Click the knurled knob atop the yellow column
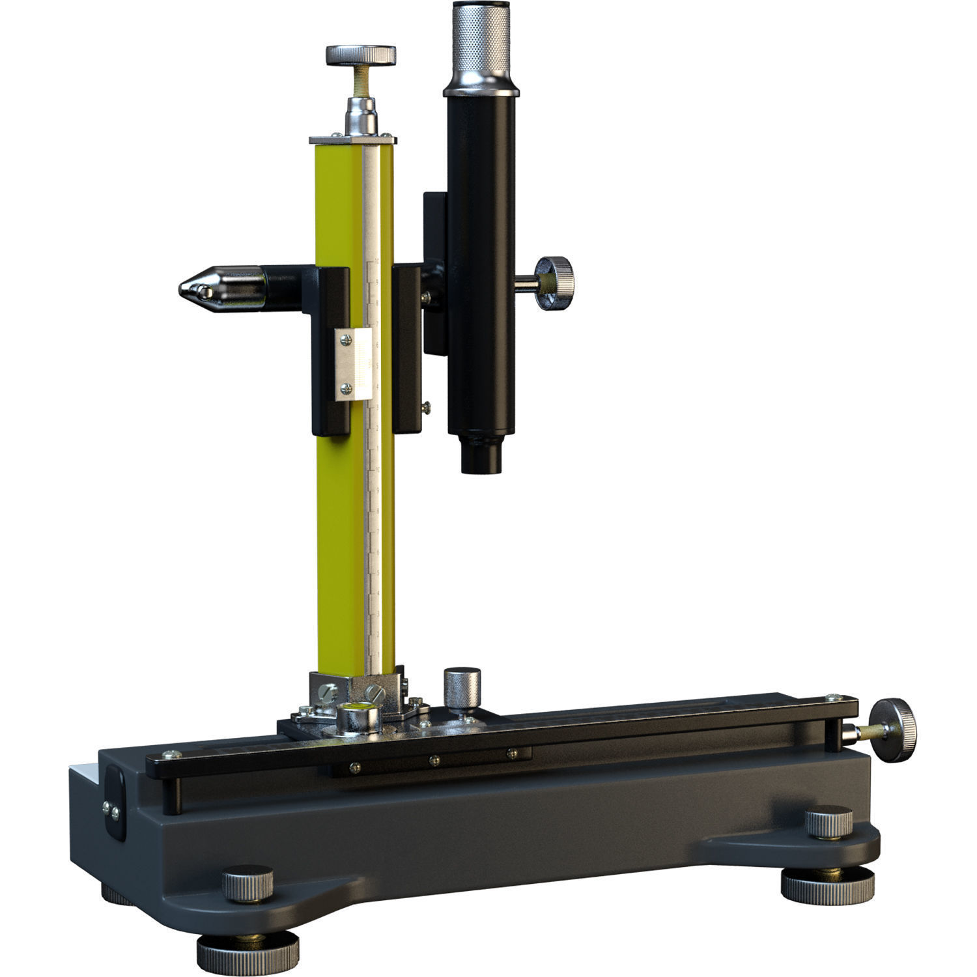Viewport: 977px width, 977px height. point(361,55)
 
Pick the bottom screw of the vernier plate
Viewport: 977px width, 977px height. point(347,389)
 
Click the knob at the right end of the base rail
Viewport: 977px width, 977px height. point(896,729)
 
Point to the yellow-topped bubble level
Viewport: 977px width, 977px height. point(358,717)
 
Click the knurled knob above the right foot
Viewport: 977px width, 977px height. point(828,822)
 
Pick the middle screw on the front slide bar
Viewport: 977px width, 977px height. point(432,759)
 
